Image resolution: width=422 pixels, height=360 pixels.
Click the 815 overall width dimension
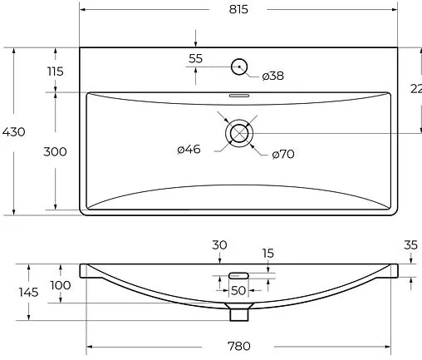point(238,9)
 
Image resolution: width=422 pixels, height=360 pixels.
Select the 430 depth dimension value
point(14,132)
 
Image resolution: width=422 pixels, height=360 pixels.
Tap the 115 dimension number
point(56,72)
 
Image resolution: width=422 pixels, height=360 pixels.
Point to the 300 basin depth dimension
point(56,152)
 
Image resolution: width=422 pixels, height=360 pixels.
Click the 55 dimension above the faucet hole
point(196,59)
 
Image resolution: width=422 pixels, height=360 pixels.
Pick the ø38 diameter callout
point(273,76)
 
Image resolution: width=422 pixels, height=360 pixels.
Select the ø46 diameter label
point(189,150)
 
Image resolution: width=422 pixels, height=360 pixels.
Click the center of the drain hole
point(239,133)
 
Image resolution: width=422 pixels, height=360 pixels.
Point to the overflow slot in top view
point(239,96)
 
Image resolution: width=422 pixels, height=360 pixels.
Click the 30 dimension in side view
point(219,244)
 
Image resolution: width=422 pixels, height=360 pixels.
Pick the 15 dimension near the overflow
point(268,253)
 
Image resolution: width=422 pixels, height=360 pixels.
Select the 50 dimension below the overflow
point(238,290)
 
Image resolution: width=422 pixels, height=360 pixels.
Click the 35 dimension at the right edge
point(410,244)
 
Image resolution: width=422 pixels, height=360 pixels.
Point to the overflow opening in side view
point(239,274)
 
